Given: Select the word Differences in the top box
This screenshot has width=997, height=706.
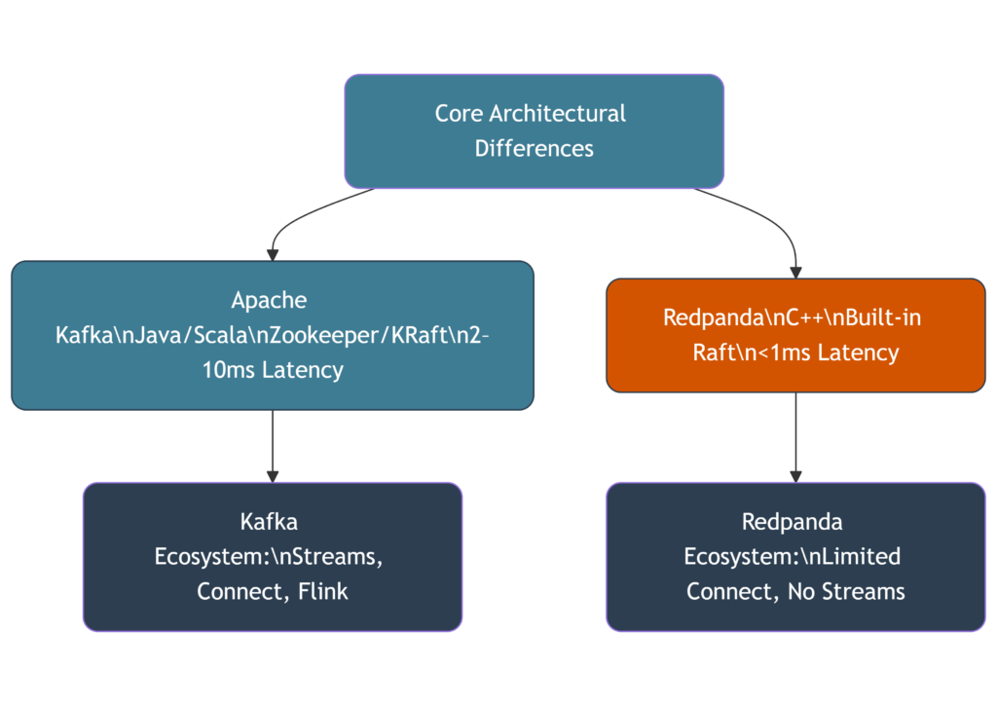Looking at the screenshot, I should pyautogui.click(x=534, y=149).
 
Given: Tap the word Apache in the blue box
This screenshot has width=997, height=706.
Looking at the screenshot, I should pyautogui.click(x=269, y=299).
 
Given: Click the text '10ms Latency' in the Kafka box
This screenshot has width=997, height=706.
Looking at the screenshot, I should pyautogui.click(x=273, y=370).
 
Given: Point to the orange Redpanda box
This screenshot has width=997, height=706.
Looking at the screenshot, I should pyautogui.click(x=795, y=336).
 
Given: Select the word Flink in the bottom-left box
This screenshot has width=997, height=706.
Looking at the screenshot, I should pyautogui.click(x=324, y=591).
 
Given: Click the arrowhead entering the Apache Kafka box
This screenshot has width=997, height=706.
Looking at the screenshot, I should pyautogui.click(x=273, y=255).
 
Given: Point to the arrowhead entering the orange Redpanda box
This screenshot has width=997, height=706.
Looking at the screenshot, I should pyautogui.click(x=795, y=273).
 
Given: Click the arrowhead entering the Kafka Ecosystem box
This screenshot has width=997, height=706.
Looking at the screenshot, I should pyautogui.click(x=273, y=476).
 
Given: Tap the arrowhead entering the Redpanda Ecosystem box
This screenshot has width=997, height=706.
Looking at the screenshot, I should pyautogui.click(x=795, y=476).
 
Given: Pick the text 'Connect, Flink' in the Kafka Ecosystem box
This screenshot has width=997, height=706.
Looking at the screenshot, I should pyautogui.click(x=273, y=591).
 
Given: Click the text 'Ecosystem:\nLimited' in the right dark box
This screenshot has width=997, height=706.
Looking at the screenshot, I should pyautogui.click(x=792, y=556).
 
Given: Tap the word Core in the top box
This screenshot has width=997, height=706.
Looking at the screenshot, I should pyautogui.click(x=459, y=113).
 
